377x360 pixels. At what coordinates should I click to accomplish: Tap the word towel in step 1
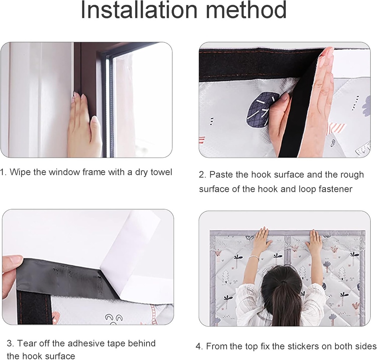(161, 172)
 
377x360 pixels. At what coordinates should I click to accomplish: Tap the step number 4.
(199, 346)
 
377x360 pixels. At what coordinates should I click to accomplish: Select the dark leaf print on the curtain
(262, 110)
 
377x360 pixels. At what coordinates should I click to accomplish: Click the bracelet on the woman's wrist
(253, 257)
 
